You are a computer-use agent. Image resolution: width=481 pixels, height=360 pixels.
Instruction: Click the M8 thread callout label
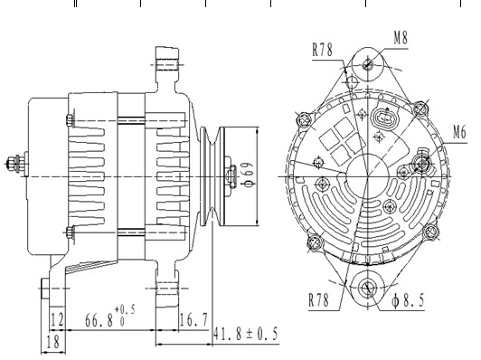[x=401, y=38]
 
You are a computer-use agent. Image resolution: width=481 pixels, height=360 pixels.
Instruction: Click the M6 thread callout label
[x=459, y=132]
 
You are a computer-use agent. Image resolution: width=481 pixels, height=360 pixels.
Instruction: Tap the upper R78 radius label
[x=322, y=50]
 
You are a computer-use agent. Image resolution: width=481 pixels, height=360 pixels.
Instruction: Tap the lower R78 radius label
[x=318, y=299]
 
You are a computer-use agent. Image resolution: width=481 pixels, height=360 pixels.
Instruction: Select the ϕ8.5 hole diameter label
[x=408, y=300]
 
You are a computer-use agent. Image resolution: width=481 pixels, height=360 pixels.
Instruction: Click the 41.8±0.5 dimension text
[x=245, y=334]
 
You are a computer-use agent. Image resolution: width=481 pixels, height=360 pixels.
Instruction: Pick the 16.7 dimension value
[x=193, y=320]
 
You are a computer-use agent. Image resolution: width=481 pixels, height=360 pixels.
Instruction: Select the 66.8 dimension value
[x=99, y=321]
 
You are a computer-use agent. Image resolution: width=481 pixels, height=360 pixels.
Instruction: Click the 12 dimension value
[x=57, y=319]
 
